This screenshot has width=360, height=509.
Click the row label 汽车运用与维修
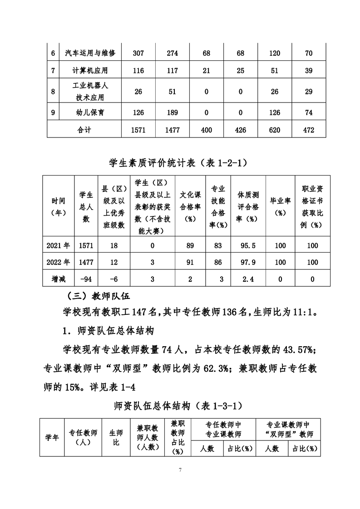(x=90, y=54)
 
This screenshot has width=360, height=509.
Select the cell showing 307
(x=138, y=54)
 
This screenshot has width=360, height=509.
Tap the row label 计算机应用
(x=90, y=71)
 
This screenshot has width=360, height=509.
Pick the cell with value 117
(x=173, y=71)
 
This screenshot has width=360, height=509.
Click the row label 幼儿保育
(x=90, y=112)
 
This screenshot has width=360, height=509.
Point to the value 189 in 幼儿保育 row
(x=173, y=112)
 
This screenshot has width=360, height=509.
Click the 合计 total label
(x=84, y=130)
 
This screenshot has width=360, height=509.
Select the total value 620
(x=275, y=130)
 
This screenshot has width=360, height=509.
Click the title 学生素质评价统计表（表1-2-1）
(x=180, y=162)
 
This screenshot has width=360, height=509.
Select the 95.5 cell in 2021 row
(x=248, y=245)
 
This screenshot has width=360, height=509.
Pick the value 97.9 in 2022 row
(x=248, y=262)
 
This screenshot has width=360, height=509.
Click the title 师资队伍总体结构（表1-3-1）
(x=180, y=406)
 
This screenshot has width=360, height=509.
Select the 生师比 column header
(x=116, y=437)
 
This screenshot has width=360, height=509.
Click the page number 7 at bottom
(x=180, y=469)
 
